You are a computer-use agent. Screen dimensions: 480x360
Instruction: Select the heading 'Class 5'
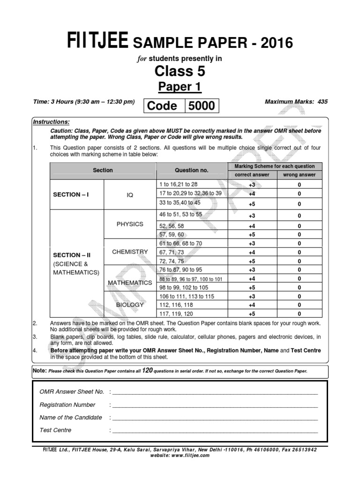click(x=180, y=72)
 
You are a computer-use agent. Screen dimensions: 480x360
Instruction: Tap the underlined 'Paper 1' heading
click(x=180, y=87)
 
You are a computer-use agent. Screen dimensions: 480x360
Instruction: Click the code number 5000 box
click(x=202, y=106)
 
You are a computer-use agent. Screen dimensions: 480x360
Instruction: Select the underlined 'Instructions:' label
click(x=51, y=122)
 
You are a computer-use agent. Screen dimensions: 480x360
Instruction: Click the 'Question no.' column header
click(x=192, y=170)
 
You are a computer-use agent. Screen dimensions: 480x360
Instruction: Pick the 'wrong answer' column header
click(x=299, y=175)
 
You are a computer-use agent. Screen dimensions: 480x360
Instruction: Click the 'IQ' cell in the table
click(x=130, y=195)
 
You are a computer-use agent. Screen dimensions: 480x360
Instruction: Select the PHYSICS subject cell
click(x=130, y=224)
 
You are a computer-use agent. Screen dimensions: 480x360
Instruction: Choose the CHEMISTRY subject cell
click(x=130, y=252)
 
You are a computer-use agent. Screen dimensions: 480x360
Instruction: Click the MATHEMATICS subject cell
click(x=130, y=283)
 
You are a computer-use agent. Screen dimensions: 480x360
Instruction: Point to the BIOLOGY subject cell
click(x=130, y=304)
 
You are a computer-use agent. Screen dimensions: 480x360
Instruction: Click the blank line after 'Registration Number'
click(x=215, y=405)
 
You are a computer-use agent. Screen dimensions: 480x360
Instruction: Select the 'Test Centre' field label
click(x=56, y=430)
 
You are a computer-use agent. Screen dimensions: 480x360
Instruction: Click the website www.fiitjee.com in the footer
click(x=180, y=455)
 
